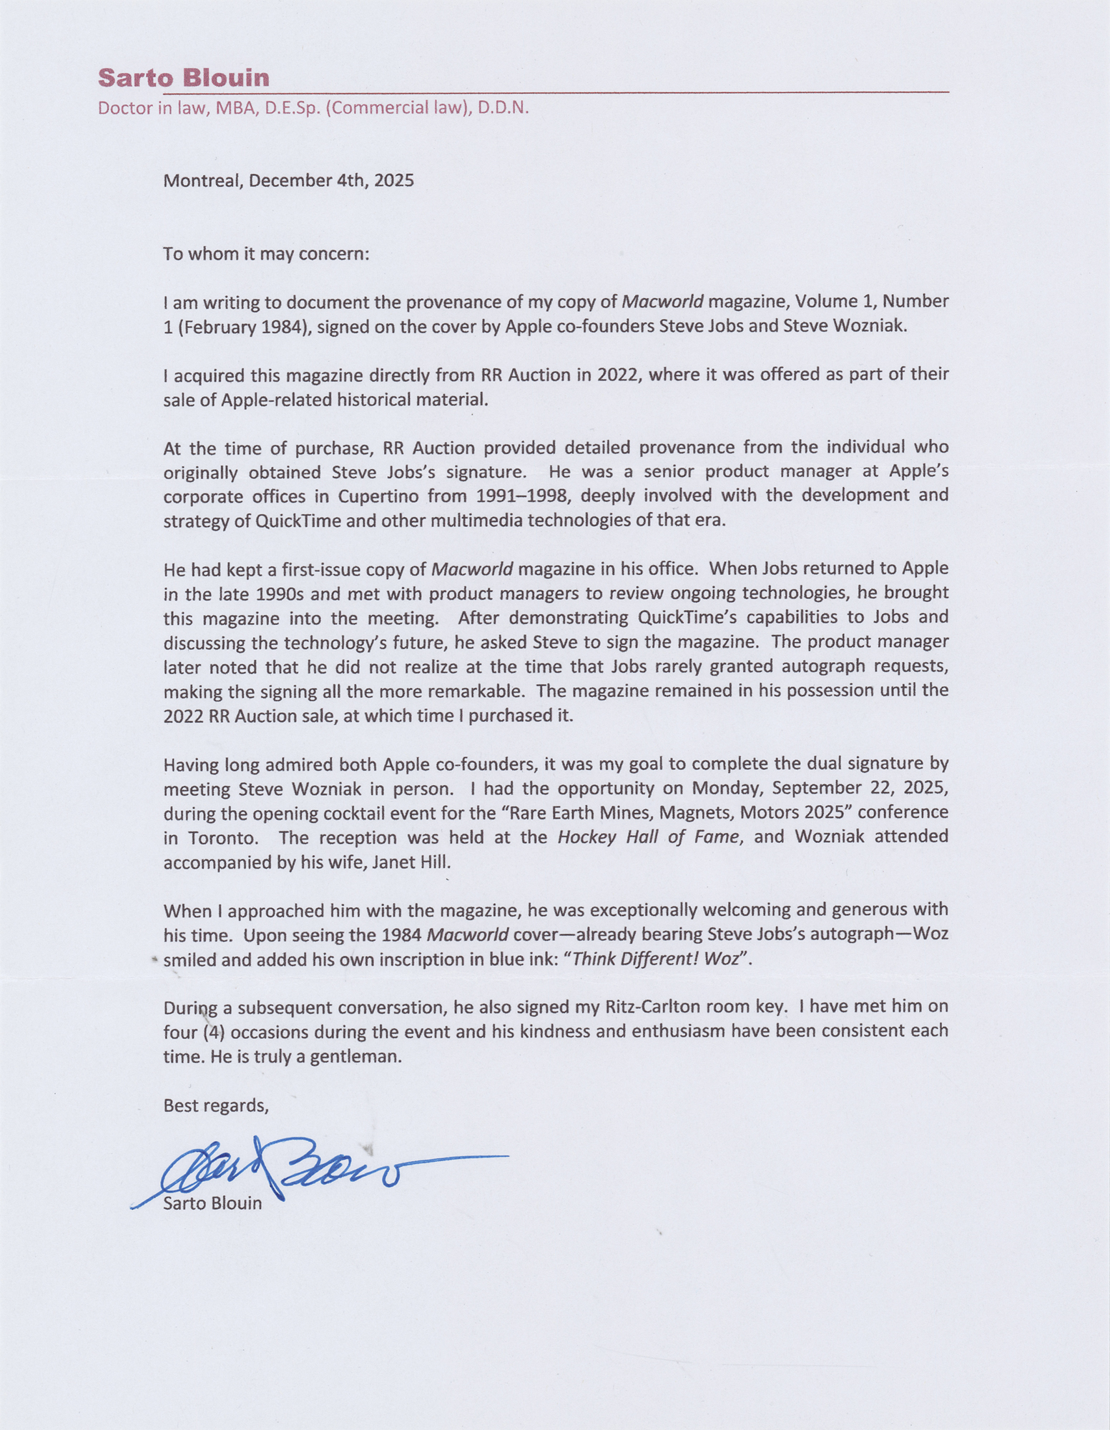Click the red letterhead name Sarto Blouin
(183, 77)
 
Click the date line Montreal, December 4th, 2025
(288, 180)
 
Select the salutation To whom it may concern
(266, 254)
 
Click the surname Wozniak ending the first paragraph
(870, 327)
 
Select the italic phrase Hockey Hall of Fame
(647, 837)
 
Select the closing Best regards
(215, 1105)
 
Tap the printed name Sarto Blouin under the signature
(212, 1203)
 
